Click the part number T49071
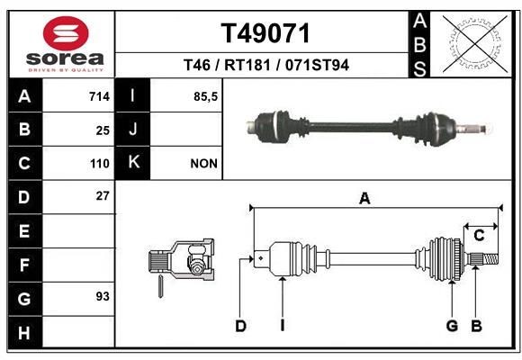click(265, 34)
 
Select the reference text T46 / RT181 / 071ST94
click(265, 65)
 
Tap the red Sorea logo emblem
click(66, 33)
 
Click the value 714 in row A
click(98, 96)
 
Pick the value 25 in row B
click(102, 130)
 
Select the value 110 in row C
click(99, 164)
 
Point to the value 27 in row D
click(102, 195)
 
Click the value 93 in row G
click(102, 296)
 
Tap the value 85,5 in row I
click(206, 96)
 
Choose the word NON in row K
click(202, 164)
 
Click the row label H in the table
click(24, 332)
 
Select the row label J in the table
click(133, 130)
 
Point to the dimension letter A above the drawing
click(364, 199)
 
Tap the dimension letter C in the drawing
click(480, 236)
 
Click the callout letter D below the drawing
click(240, 326)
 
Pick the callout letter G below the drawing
click(452, 326)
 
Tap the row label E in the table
click(24, 231)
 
